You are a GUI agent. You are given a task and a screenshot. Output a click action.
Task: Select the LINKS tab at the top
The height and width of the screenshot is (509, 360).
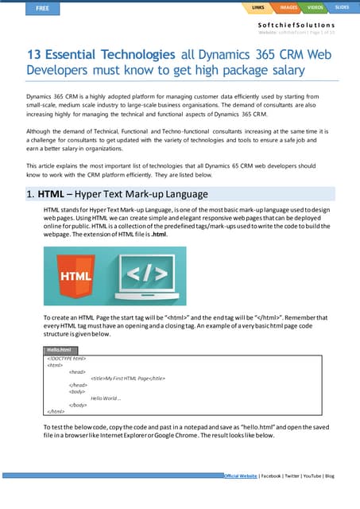point(257,8)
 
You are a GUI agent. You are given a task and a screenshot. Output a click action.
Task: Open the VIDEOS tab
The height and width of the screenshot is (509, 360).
point(315,8)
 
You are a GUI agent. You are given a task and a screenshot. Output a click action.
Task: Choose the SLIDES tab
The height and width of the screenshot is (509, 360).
point(342,8)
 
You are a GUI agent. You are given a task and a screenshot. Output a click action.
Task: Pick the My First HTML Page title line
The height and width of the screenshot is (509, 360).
point(127,378)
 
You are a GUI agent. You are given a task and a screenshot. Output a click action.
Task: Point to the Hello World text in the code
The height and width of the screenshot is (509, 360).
point(105,398)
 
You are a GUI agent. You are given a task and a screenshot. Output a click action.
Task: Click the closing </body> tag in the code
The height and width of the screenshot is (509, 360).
point(78,405)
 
